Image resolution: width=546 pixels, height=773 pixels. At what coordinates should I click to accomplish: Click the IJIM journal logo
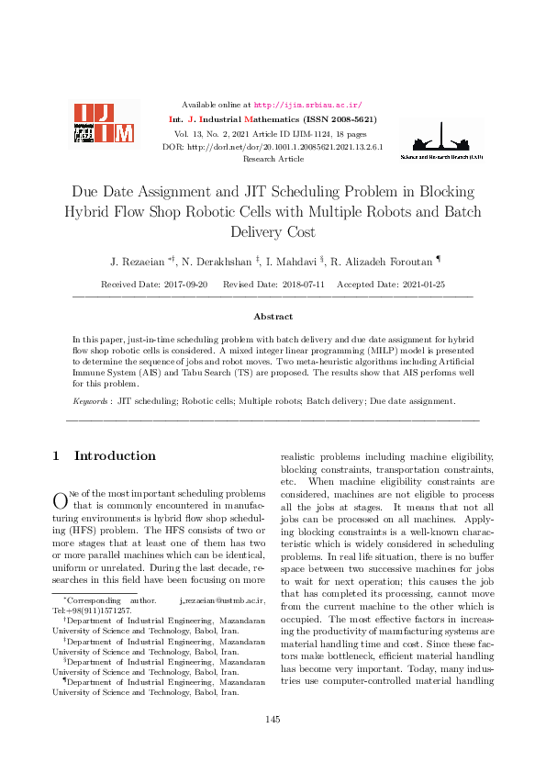104,123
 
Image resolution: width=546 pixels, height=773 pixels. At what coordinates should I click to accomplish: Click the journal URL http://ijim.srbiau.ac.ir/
307,106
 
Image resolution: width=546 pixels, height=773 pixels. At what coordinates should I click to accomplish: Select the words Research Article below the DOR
273,159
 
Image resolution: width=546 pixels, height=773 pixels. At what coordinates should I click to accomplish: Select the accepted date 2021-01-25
422,286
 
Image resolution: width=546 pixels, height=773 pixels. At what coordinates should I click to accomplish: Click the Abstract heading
273,316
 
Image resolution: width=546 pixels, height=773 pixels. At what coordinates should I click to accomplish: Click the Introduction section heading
115,456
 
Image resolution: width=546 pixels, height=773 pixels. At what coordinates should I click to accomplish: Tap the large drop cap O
61,500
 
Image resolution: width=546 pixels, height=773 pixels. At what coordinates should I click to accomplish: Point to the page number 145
273,719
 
